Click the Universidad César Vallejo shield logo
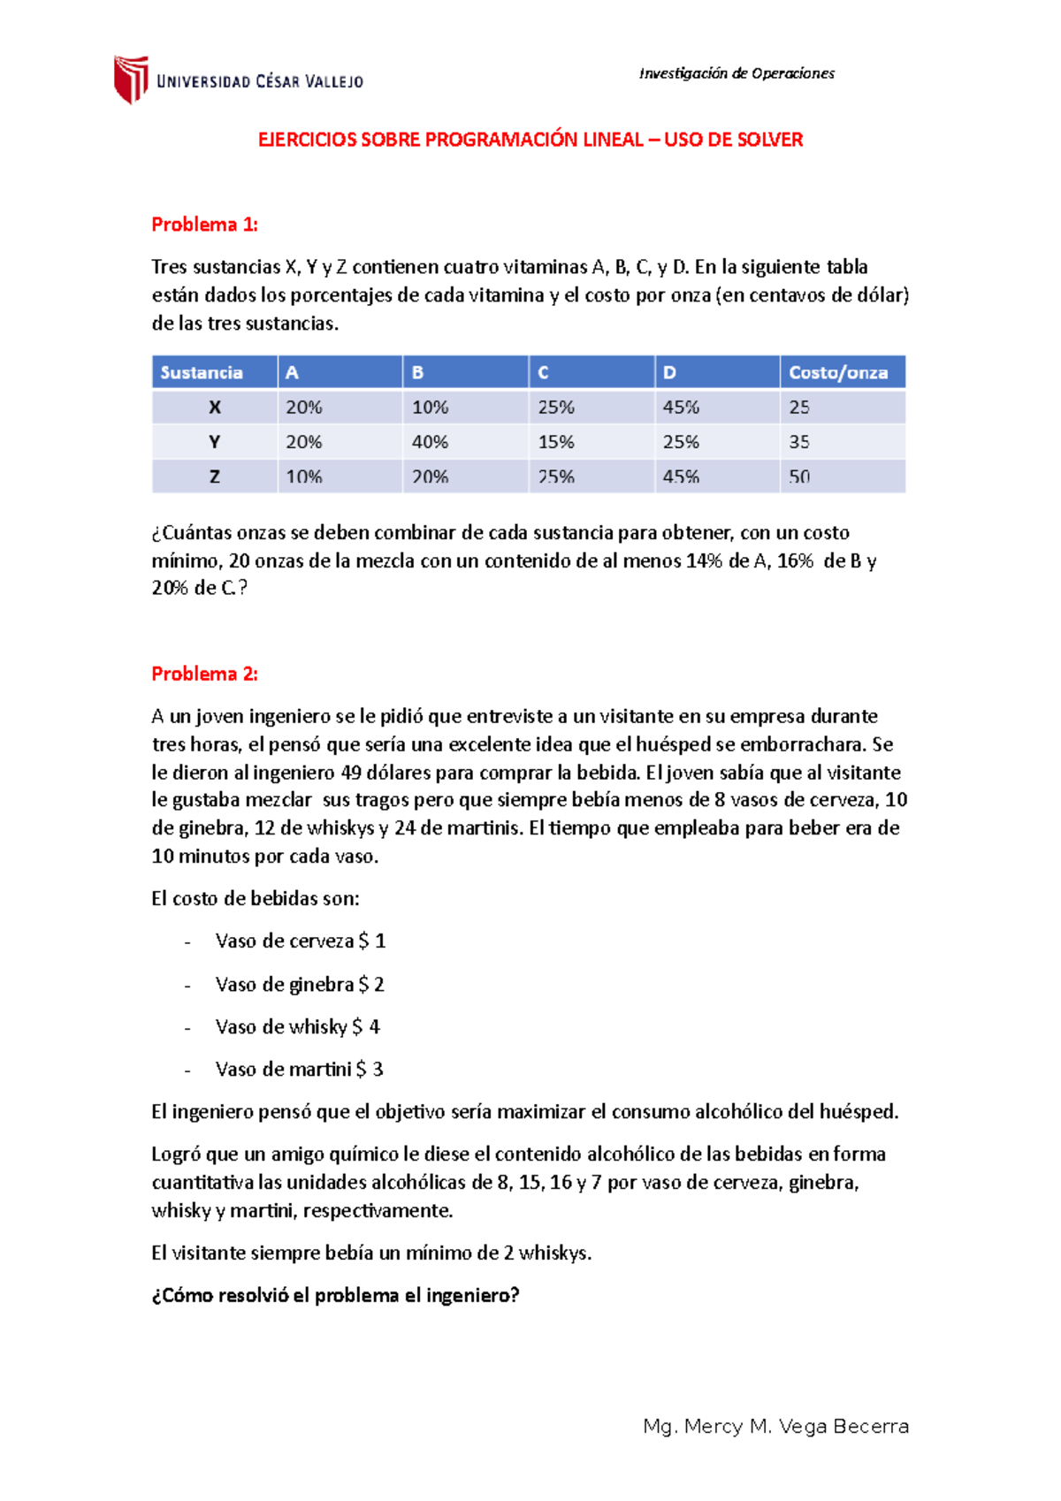[x=131, y=80]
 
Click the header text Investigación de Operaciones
[x=737, y=73]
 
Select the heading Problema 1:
[x=204, y=225]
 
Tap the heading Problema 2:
[x=204, y=674]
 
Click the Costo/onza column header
[x=837, y=372]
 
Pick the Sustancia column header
[x=202, y=372]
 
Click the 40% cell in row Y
[x=430, y=442]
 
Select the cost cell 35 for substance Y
[x=799, y=442]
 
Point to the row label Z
[x=214, y=476]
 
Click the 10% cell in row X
[x=430, y=408]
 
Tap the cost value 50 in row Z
[x=799, y=476]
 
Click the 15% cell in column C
[x=556, y=442]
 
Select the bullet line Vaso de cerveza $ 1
[x=300, y=941]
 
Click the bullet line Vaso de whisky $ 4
[x=297, y=1026]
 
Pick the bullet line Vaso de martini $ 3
[x=299, y=1069]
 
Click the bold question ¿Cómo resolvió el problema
[x=335, y=1295]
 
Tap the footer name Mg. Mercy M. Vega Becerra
[x=775, y=1426]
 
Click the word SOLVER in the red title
[x=768, y=140]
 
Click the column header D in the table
[x=669, y=372]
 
